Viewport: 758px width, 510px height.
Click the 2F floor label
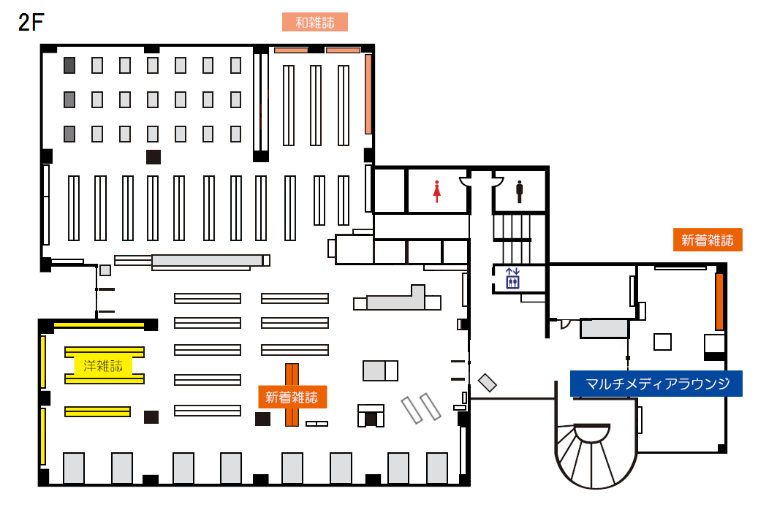click(x=29, y=22)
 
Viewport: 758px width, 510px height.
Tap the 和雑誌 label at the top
click(x=314, y=22)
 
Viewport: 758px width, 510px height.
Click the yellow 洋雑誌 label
click(x=103, y=366)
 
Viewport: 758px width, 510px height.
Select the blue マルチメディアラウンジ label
click(x=656, y=384)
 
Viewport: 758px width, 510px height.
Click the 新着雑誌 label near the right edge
click(x=707, y=240)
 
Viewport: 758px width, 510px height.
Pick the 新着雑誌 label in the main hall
click(x=292, y=397)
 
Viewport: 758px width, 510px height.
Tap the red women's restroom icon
click(x=437, y=191)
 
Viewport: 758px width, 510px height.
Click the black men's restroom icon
click(x=520, y=191)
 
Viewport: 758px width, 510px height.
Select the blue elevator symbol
click(x=512, y=278)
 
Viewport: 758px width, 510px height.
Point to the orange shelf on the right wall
click(x=719, y=301)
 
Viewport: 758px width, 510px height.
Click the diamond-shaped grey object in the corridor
click(x=488, y=382)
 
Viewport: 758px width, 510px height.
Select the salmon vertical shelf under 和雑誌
click(x=368, y=94)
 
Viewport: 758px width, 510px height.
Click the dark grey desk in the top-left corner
click(x=69, y=65)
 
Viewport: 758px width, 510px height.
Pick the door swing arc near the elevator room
click(x=566, y=324)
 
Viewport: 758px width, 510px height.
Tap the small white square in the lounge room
click(x=662, y=342)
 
